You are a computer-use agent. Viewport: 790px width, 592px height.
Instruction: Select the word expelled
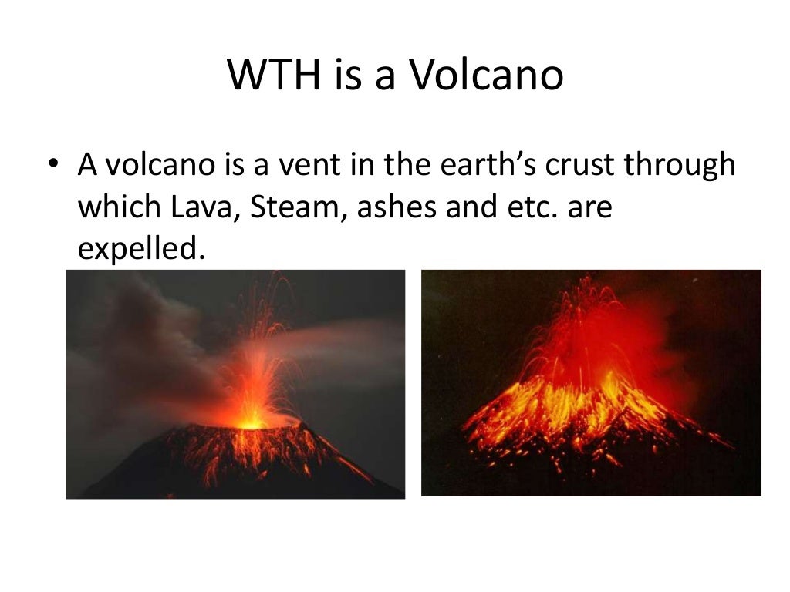pyautogui.click(x=142, y=248)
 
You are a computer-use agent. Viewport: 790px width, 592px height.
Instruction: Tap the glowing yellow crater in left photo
pyautogui.click(x=252, y=422)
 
